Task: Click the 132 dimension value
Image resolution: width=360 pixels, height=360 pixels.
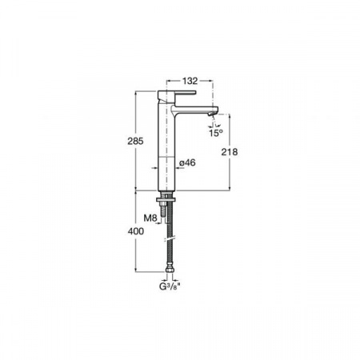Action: pos(190,81)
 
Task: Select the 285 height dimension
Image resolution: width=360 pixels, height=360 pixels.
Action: pos(135,141)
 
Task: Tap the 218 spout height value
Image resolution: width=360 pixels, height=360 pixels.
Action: pos(230,152)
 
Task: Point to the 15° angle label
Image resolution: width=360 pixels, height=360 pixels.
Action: pos(216,133)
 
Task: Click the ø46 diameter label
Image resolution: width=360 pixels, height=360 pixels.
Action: pos(187,162)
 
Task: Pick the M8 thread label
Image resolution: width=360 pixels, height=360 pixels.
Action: pos(150,218)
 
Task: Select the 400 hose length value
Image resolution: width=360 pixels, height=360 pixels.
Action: pos(136,231)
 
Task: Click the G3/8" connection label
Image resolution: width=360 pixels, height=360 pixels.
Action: pos(170,286)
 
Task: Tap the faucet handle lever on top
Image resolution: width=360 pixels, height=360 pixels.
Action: pos(177,94)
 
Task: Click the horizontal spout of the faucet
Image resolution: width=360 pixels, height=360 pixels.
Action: pos(194,110)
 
